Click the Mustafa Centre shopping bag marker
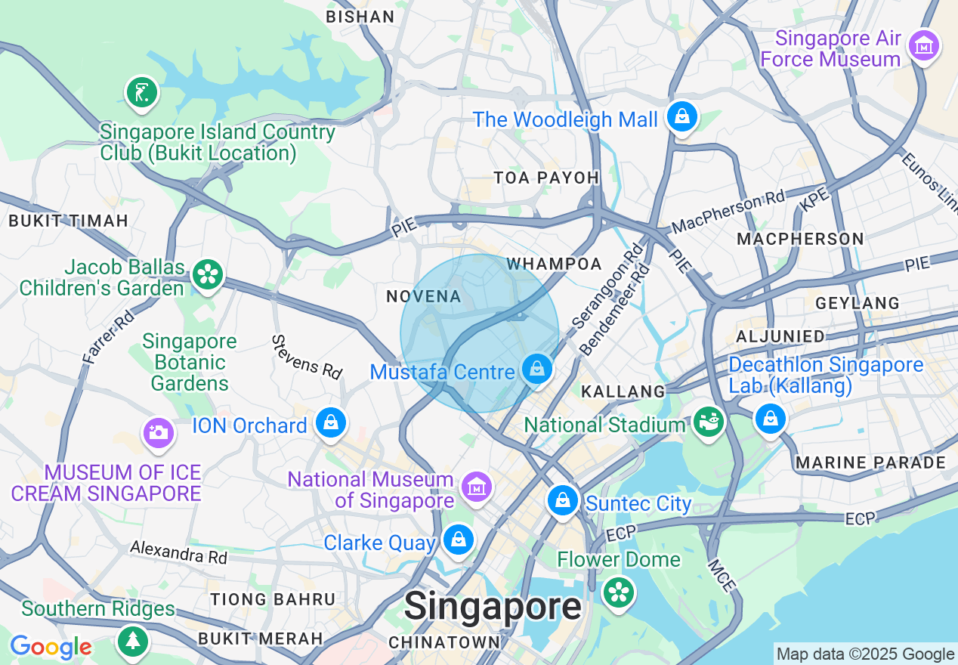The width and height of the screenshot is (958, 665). pos(536,370)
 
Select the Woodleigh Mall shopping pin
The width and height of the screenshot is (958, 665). pos(682,117)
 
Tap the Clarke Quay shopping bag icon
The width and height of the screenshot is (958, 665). pos(459,540)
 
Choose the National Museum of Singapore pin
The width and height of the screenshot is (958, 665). pos(477,487)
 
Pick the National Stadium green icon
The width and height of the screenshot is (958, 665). pos(709,423)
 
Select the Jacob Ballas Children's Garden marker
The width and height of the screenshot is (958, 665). pos(207,274)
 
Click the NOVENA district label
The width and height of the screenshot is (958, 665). pos(424,296)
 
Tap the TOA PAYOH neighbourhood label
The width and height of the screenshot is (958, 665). pos(546,178)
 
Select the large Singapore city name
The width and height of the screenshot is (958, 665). pos(493,606)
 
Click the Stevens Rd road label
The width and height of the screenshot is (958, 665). pos(307,357)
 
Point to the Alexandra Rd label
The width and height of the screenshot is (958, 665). pos(178,552)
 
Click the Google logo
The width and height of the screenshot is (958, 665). pos(51,647)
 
